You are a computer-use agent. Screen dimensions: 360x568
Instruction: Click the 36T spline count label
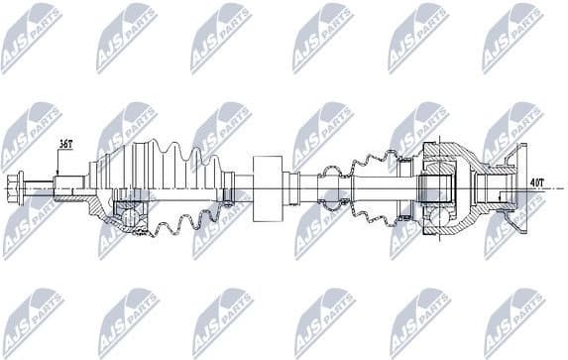pos(65,145)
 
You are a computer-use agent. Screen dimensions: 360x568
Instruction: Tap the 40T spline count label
pos(536,182)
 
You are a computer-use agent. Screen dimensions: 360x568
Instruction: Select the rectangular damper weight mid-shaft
pos(268,188)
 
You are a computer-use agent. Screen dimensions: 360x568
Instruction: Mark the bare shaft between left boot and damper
pos(244,186)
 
